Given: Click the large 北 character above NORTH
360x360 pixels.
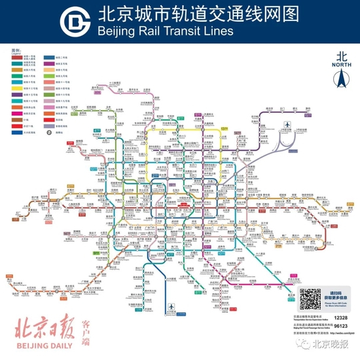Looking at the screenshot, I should click(342, 57).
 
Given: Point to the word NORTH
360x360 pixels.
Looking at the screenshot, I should click(342, 65).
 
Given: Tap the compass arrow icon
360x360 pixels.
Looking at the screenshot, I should click(342, 81).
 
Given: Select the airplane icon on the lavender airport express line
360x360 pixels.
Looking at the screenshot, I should click(286, 124).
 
